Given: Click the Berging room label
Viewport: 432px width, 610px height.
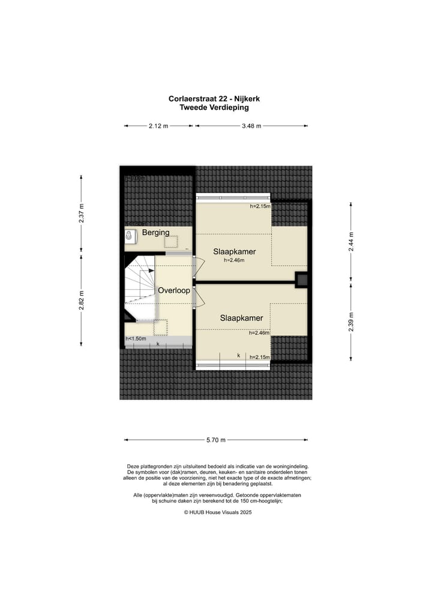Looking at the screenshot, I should pos(155,232).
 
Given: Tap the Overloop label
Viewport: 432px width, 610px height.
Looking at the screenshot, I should pos(174,290).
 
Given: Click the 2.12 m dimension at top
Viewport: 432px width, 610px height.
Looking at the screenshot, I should pos(158,126).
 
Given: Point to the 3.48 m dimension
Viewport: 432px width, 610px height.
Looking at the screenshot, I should pos(251,126).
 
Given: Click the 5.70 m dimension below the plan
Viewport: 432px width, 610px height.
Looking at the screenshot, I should pos(215,440).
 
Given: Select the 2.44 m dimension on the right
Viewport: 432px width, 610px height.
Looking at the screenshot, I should pos(351,240).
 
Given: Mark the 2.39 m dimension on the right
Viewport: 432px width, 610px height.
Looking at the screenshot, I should pos(351,321).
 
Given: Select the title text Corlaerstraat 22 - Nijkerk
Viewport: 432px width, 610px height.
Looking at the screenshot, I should pos(214,99).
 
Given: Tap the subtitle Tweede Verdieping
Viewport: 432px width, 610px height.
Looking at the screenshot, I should pos(214,108).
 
